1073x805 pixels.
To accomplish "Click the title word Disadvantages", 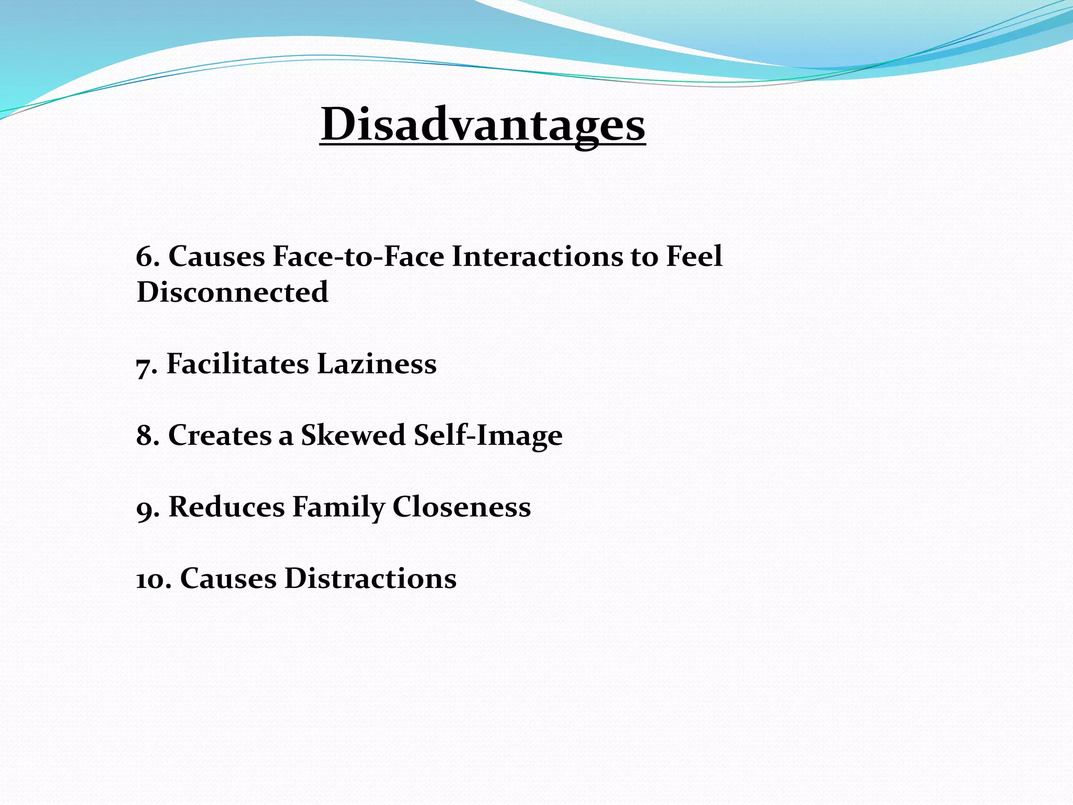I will click(483, 125).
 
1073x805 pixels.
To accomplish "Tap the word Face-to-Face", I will click(358, 257).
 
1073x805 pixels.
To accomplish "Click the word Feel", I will click(694, 257).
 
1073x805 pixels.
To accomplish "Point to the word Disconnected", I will click(232, 292).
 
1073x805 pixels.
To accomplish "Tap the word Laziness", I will click(377, 364).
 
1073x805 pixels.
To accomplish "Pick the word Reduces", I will click(226, 507).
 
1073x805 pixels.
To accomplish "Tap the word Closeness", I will click(461, 507).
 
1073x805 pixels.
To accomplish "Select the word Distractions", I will click(370, 579).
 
